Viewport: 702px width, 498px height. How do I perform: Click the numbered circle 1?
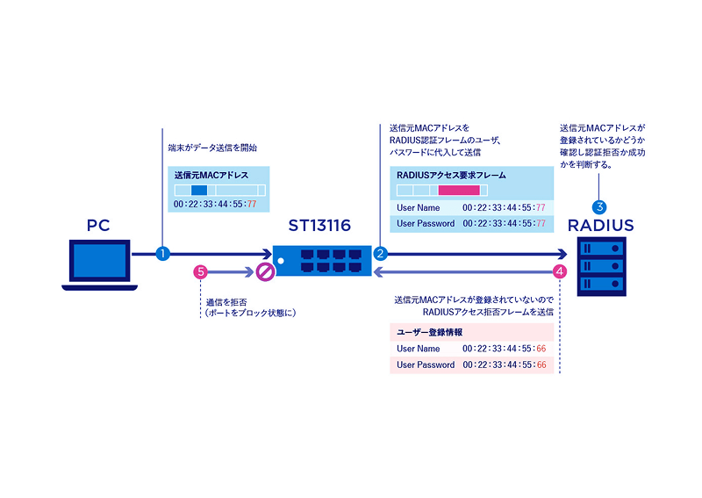[161, 254]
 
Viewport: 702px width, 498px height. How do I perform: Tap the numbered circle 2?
[381, 254]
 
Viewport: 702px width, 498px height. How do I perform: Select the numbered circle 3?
[600, 207]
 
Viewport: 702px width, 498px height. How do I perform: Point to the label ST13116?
[319, 226]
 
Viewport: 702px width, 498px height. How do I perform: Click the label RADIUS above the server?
[600, 226]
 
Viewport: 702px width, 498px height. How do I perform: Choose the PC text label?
[97, 226]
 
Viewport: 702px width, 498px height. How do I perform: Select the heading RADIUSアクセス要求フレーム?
[451, 175]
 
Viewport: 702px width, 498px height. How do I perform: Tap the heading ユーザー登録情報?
[429, 332]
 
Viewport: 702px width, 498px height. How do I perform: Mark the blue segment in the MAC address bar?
[198, 191]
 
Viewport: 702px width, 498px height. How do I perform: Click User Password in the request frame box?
[426, 223]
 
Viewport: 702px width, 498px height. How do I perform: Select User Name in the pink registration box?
[418, 349]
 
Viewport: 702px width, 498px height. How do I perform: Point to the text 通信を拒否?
[225, 302]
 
